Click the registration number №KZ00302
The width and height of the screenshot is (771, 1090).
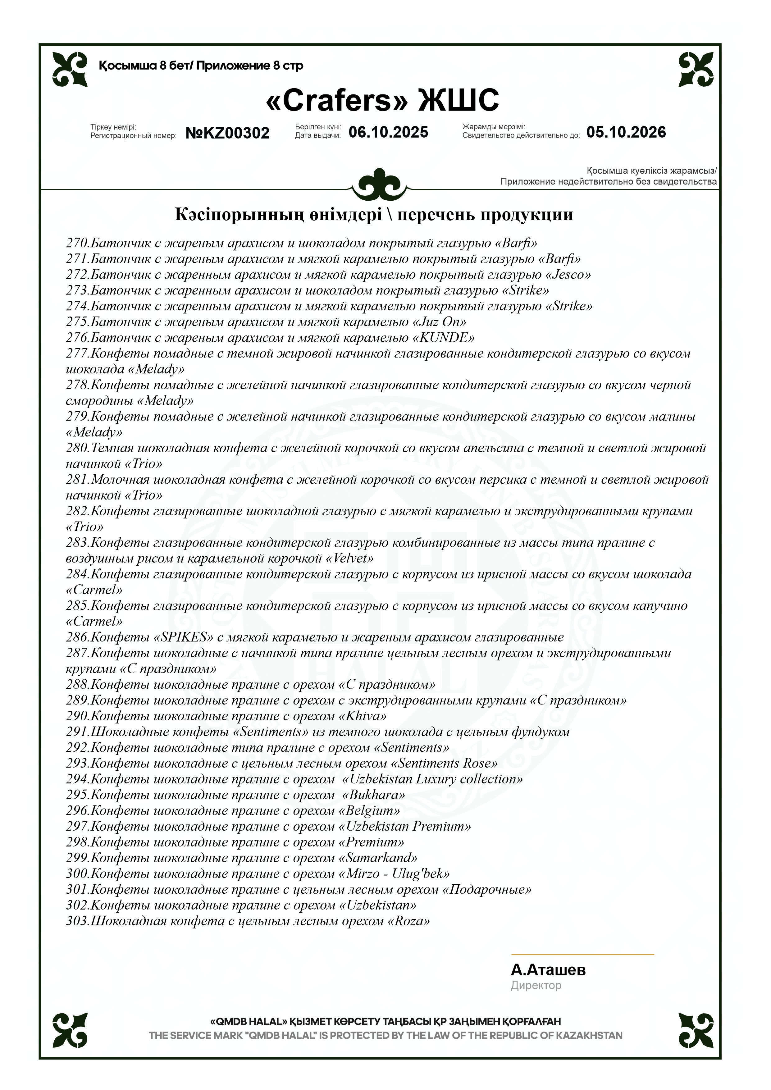pos(227,133)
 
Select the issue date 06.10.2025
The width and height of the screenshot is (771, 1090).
pos(388,132)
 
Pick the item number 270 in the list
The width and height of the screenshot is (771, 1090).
pos(77,243)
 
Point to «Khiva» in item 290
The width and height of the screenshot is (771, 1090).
pos(363,716)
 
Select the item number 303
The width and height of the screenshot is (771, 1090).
pos(77,921)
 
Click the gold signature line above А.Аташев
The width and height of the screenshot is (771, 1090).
pos(582,954)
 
